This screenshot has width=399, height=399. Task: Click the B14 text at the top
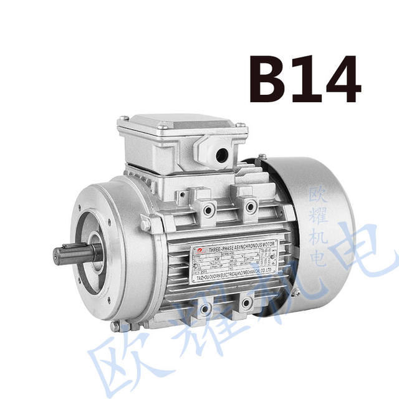click(305, 80)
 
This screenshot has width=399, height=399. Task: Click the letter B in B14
click(266, 80)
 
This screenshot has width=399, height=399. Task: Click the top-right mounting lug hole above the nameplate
click(251, 205)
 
